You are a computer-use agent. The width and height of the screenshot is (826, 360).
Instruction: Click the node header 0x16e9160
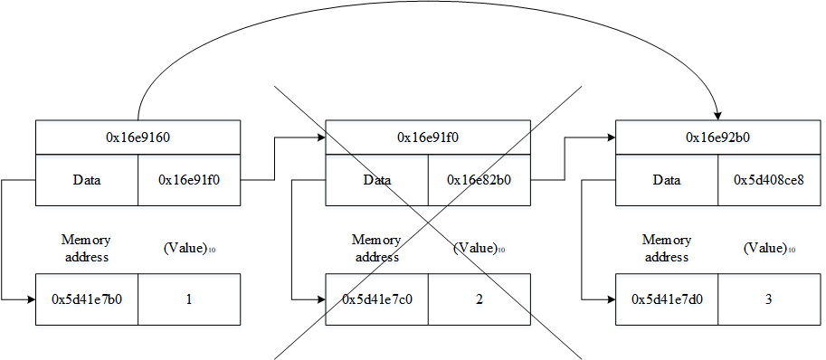pos(138,137)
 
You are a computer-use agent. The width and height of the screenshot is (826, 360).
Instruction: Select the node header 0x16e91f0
pos(428,137)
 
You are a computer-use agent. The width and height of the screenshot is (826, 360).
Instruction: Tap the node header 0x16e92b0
pos(718,137)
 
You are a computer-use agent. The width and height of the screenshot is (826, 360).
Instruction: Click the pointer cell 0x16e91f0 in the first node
pos(189,180)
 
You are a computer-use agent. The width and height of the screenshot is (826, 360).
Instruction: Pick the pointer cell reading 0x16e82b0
pos(479,180)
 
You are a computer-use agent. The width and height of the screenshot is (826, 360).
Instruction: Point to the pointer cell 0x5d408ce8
pos(770,180)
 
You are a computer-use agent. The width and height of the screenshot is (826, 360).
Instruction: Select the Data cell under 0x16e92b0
pos(667,180)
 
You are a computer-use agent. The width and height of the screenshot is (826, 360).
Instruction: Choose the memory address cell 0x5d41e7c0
pos(376,298)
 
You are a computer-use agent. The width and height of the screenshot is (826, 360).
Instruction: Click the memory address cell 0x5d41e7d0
pos(667,298)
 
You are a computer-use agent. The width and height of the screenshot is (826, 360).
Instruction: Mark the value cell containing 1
pos(189,298)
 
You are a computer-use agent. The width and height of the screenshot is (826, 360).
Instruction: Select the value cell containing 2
pos(479,298)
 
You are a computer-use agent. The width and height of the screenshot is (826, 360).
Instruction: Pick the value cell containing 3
pos(770,298)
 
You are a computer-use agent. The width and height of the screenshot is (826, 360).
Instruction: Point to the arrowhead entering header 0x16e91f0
pos(320,137)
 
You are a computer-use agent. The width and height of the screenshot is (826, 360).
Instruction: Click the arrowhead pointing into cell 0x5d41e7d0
pos(611,298)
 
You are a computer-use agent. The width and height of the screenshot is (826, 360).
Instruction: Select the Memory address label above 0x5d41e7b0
pos(86,248)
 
